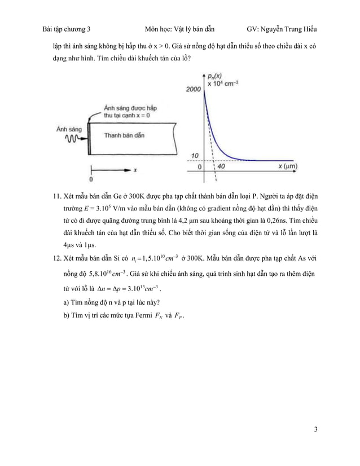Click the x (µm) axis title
[x=288, y=167]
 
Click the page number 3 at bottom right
[x=316, y=430]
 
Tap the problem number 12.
[x=56, y=257]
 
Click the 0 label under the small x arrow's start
[x=91, y=179]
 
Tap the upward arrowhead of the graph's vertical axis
[x=203, y=74]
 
